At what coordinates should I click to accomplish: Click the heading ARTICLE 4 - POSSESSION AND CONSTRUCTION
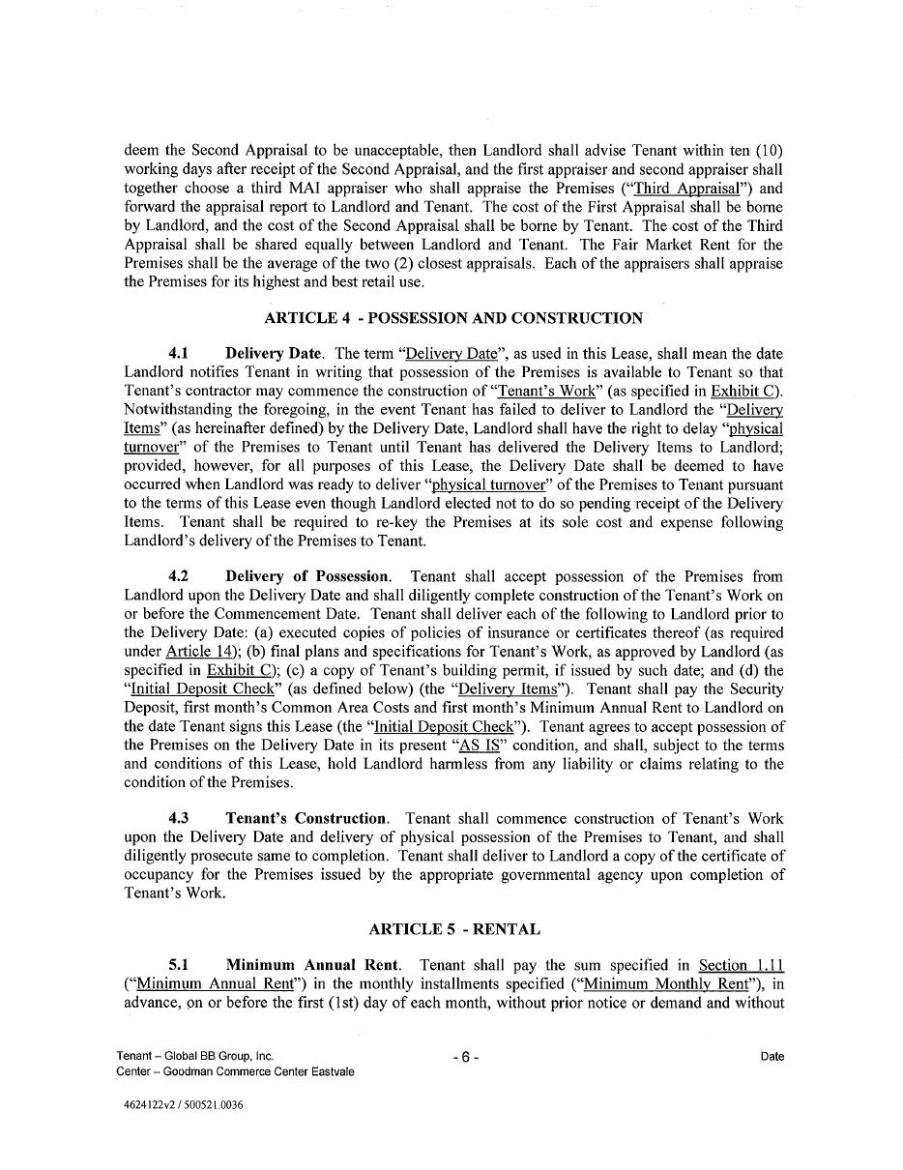pos(453,318)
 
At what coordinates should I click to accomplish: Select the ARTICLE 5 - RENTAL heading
pos(454,929)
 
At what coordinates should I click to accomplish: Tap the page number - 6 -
pos(466,1058)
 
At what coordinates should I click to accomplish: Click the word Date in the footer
pos(772,1057)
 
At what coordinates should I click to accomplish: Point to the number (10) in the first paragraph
pos(768,151)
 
